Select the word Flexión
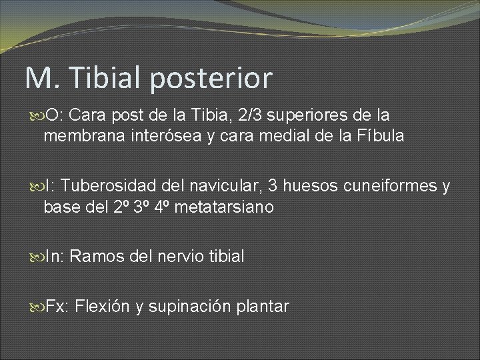coord(102,307)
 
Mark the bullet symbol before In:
coord(37,256)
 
